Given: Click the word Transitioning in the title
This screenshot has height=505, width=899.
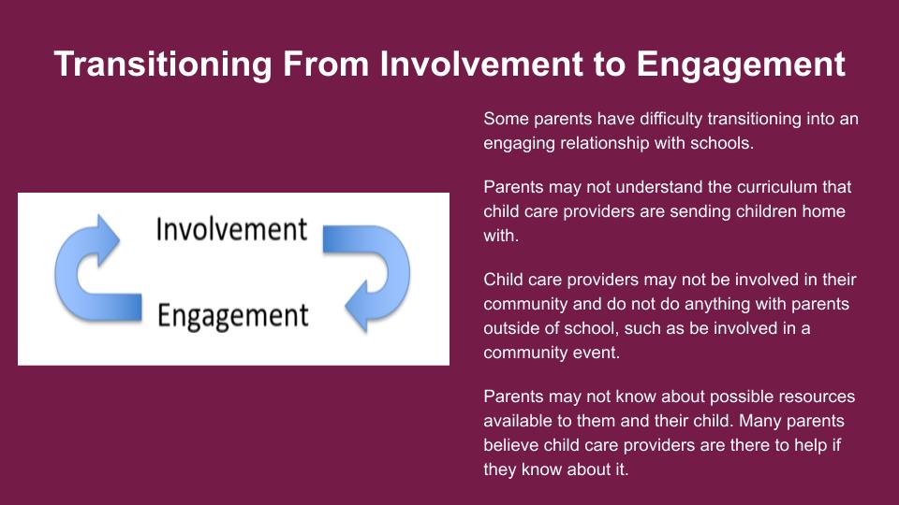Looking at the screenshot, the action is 163,65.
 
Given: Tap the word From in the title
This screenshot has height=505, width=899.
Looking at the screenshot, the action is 326,64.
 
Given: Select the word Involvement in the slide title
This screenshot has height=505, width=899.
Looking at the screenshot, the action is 481,64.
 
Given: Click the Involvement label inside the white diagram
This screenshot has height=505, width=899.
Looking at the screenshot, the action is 231,230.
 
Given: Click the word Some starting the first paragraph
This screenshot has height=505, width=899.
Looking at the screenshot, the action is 506,119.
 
